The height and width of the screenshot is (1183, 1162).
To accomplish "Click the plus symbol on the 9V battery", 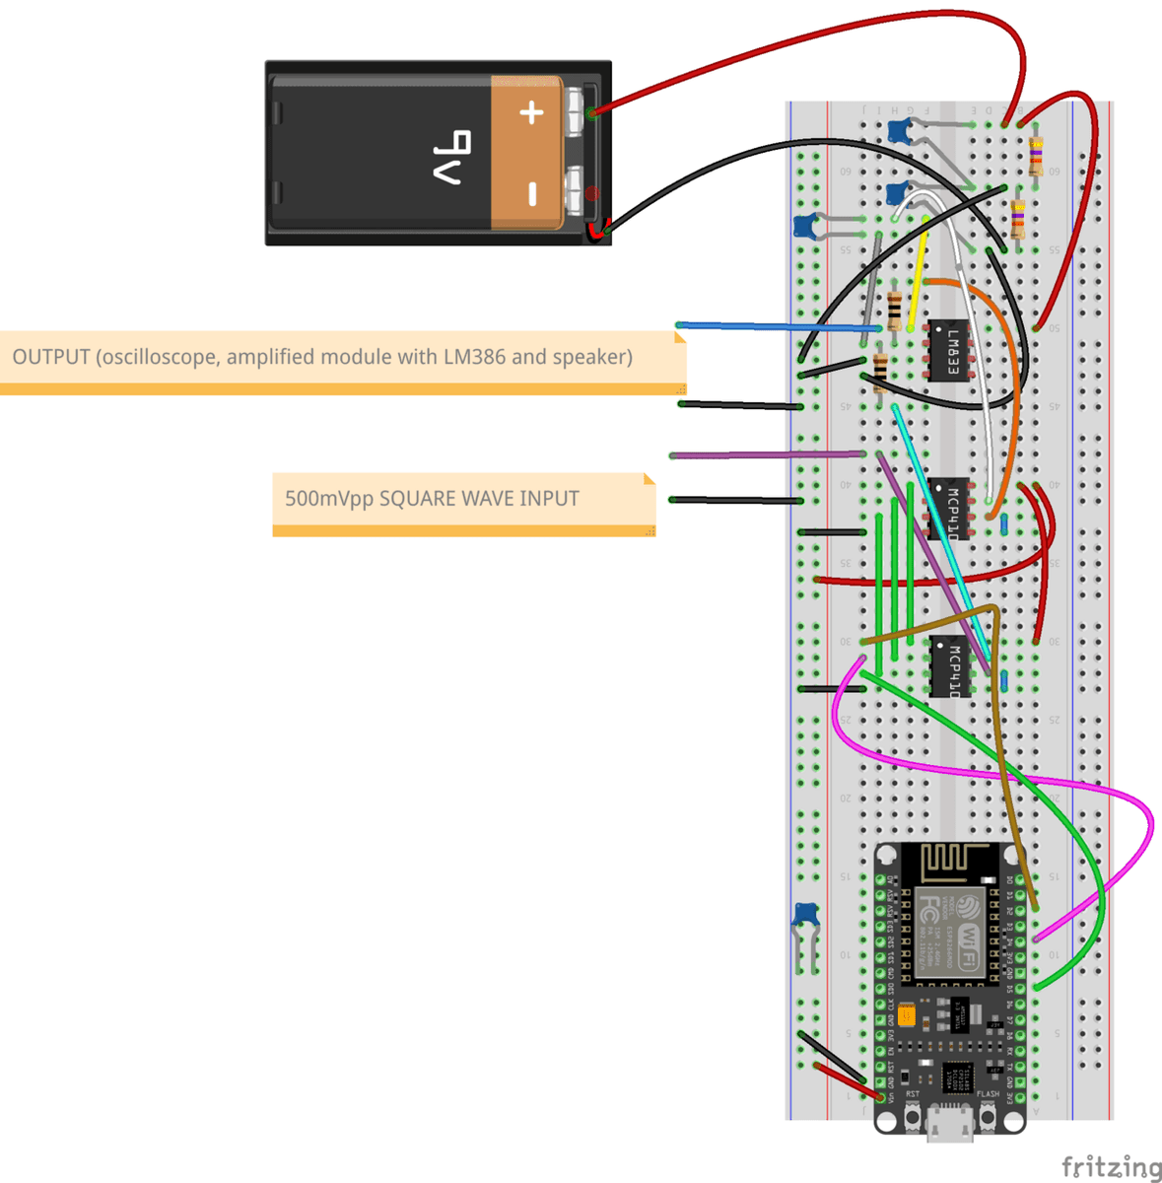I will (x=531, y=112).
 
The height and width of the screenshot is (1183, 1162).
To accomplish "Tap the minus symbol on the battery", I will (x=531, y=193).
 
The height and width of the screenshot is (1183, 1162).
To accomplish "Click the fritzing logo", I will (x=1111, y=1167).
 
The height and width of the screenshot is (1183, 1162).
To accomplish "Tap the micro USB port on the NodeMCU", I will (x=949, y=1124).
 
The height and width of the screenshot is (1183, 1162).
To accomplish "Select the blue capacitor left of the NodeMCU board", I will (x=805, y=916).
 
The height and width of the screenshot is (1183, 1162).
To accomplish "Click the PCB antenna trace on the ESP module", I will (x=950, y=865).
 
